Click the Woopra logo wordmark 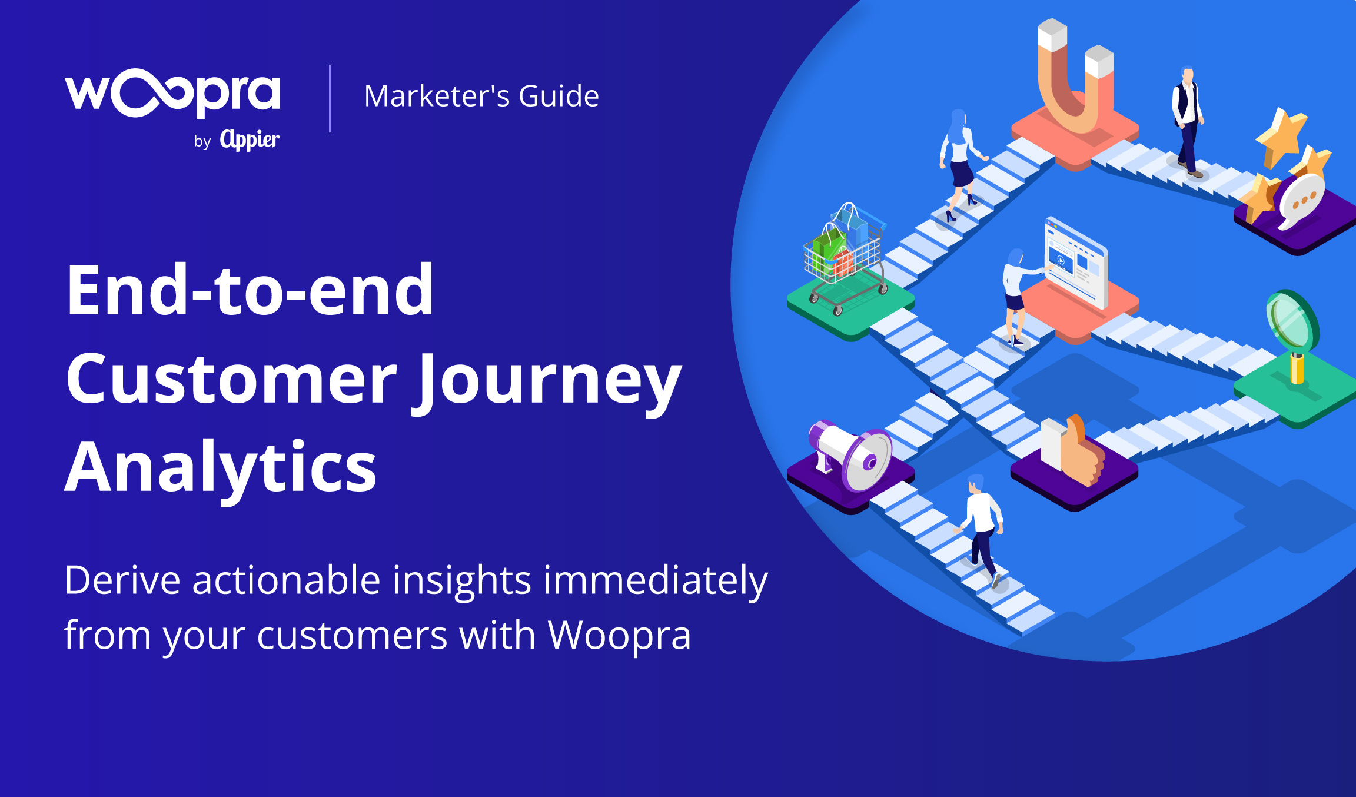tap(172, 93)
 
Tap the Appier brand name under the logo tap(250, 140)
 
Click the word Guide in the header tap(559, 96)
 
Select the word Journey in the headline tap(550, 379)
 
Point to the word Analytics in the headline tap(221, 467)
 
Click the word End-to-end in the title tap(250, 290)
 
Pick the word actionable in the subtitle tap(286, 580)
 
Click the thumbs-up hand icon tap(1072, 450)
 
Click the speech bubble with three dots tap(1302, 200)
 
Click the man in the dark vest tap(1188, 121)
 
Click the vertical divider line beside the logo tap(330, 98)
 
